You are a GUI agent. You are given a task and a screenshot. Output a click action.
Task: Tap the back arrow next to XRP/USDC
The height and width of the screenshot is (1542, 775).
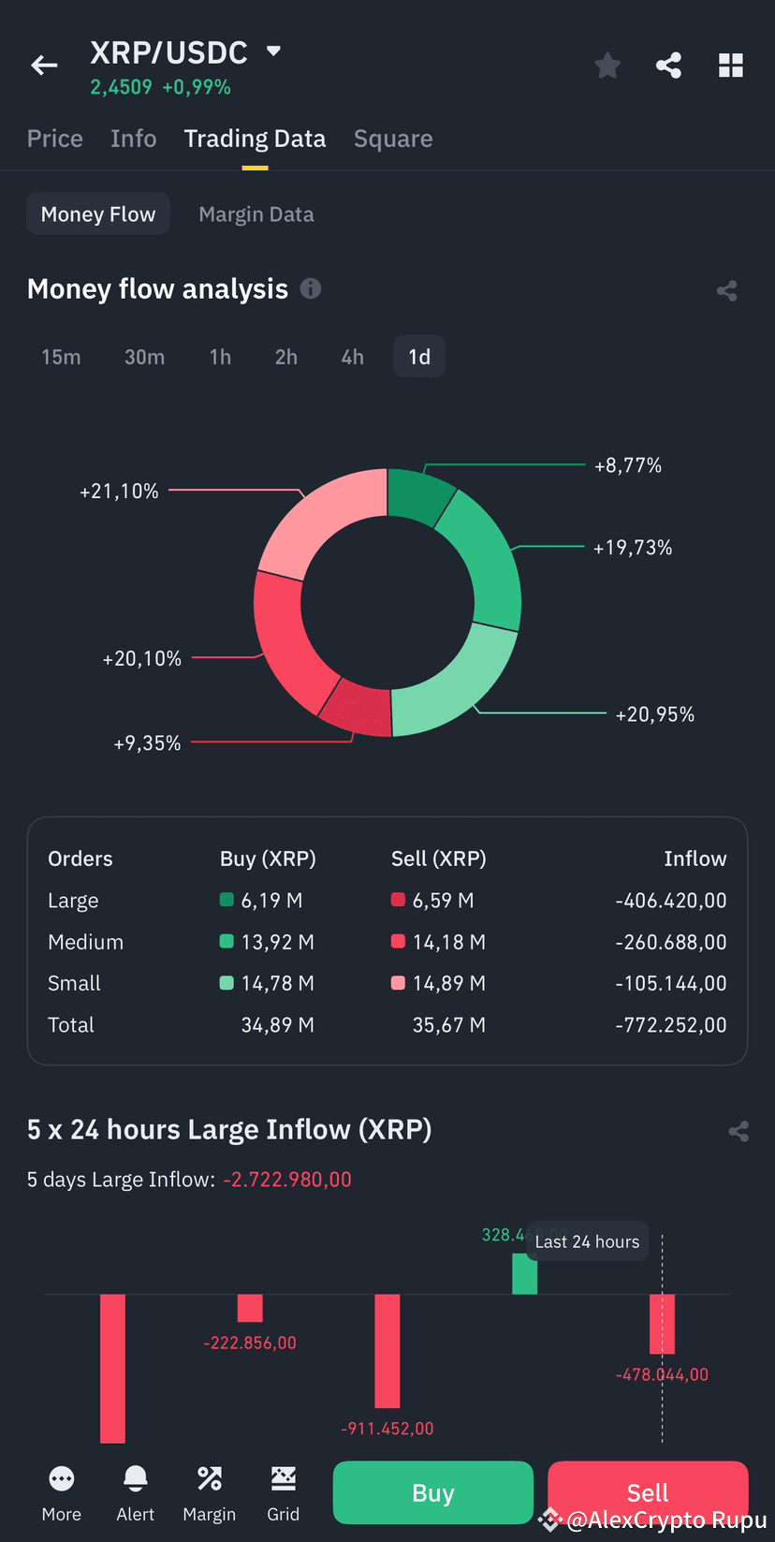pyautogui.click(x=44, y=65)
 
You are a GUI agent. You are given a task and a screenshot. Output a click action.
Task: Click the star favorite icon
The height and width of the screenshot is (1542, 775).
pyautogui.click(x=607, y=66)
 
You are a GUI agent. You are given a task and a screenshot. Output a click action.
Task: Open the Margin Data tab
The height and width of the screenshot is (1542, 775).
pyautogui.click(x=256, y=214)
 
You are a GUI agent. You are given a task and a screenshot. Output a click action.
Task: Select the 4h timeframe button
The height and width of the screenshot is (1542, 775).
pyautogui.click(x=352, y=357)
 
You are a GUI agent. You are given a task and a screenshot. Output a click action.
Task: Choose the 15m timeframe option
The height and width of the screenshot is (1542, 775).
pyautogui.click(x=61, y=357)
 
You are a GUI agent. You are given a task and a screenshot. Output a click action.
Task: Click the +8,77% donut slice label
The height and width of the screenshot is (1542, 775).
pyautogui.click(x=627, y=465)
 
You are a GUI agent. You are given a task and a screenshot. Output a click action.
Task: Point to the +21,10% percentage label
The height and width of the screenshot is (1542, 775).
pyautogui.click(x=119, y=492)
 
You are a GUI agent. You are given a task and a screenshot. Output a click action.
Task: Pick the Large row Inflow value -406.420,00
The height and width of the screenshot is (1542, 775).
pyautogui.click(x=670, y=901)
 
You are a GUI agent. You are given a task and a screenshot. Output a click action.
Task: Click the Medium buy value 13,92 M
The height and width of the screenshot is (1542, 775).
pyautogui.click(x=277, y=942)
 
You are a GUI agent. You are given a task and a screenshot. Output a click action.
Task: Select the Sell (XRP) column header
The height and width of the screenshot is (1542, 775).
pyautogui.click(x=438, y=859)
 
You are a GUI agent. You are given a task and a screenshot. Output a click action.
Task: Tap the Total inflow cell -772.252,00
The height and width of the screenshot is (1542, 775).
pyautogui.click(x=670, y=1025)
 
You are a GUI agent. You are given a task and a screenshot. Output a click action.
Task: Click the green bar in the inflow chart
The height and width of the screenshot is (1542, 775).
pyautogui.click(x=524, y=1274)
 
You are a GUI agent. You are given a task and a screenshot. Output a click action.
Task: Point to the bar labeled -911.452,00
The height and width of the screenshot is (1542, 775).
pyautogui.click(x=387, y=1350)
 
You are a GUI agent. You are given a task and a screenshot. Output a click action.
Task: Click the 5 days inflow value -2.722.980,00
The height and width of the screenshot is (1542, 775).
pyautogui.click(x=287, y=1180)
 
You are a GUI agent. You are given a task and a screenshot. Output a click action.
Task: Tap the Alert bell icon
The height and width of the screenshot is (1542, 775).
pyautogui.click(x=136, y=1478)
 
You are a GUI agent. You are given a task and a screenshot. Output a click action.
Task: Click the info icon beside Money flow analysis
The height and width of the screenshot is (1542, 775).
pyautogui.click(x=311, y=288)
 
